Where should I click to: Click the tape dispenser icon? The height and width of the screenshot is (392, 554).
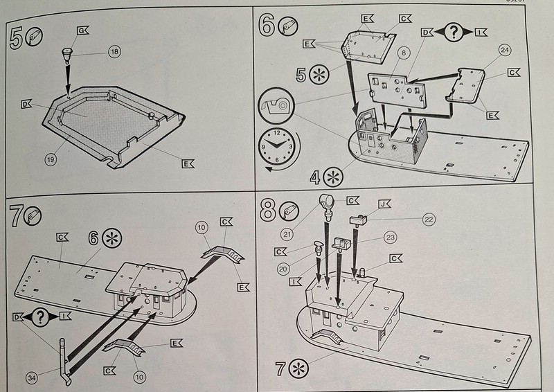(276, 105)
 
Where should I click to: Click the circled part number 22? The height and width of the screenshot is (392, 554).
(429, 220)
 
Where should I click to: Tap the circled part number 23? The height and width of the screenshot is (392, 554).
(391, 238)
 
